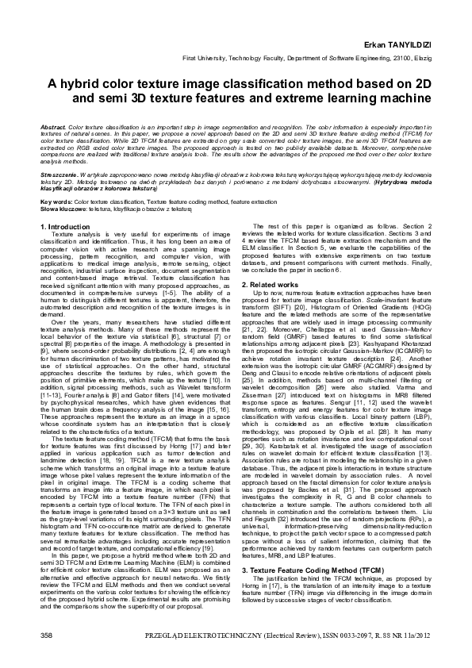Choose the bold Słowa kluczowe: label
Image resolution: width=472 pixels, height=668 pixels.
64,209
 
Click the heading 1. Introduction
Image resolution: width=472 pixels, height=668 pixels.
66,227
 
